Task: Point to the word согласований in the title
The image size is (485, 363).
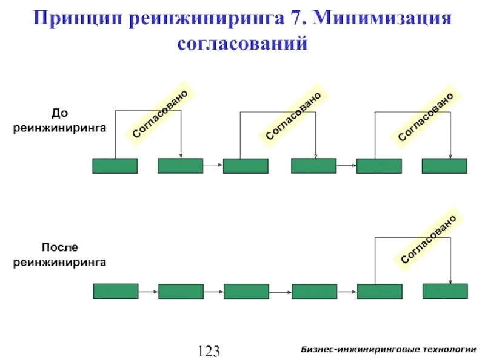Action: (x=242, y=44)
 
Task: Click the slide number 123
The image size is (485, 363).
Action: (x=207, y=350)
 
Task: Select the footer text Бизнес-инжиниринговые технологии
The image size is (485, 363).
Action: (x=388, y=350)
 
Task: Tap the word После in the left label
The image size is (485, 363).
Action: (x=59, y=247)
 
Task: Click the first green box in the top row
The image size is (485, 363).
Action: (x=115, y=166)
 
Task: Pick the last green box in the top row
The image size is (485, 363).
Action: (x=444, y=166)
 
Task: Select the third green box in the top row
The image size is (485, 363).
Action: (x=246, y=166)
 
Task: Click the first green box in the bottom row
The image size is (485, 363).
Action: (x=115, y=291)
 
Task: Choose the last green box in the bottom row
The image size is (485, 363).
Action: (x=445, y=291)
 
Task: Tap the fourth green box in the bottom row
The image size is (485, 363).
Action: (x=313, y=291)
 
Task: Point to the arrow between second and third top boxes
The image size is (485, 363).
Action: (x=213, y=165)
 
